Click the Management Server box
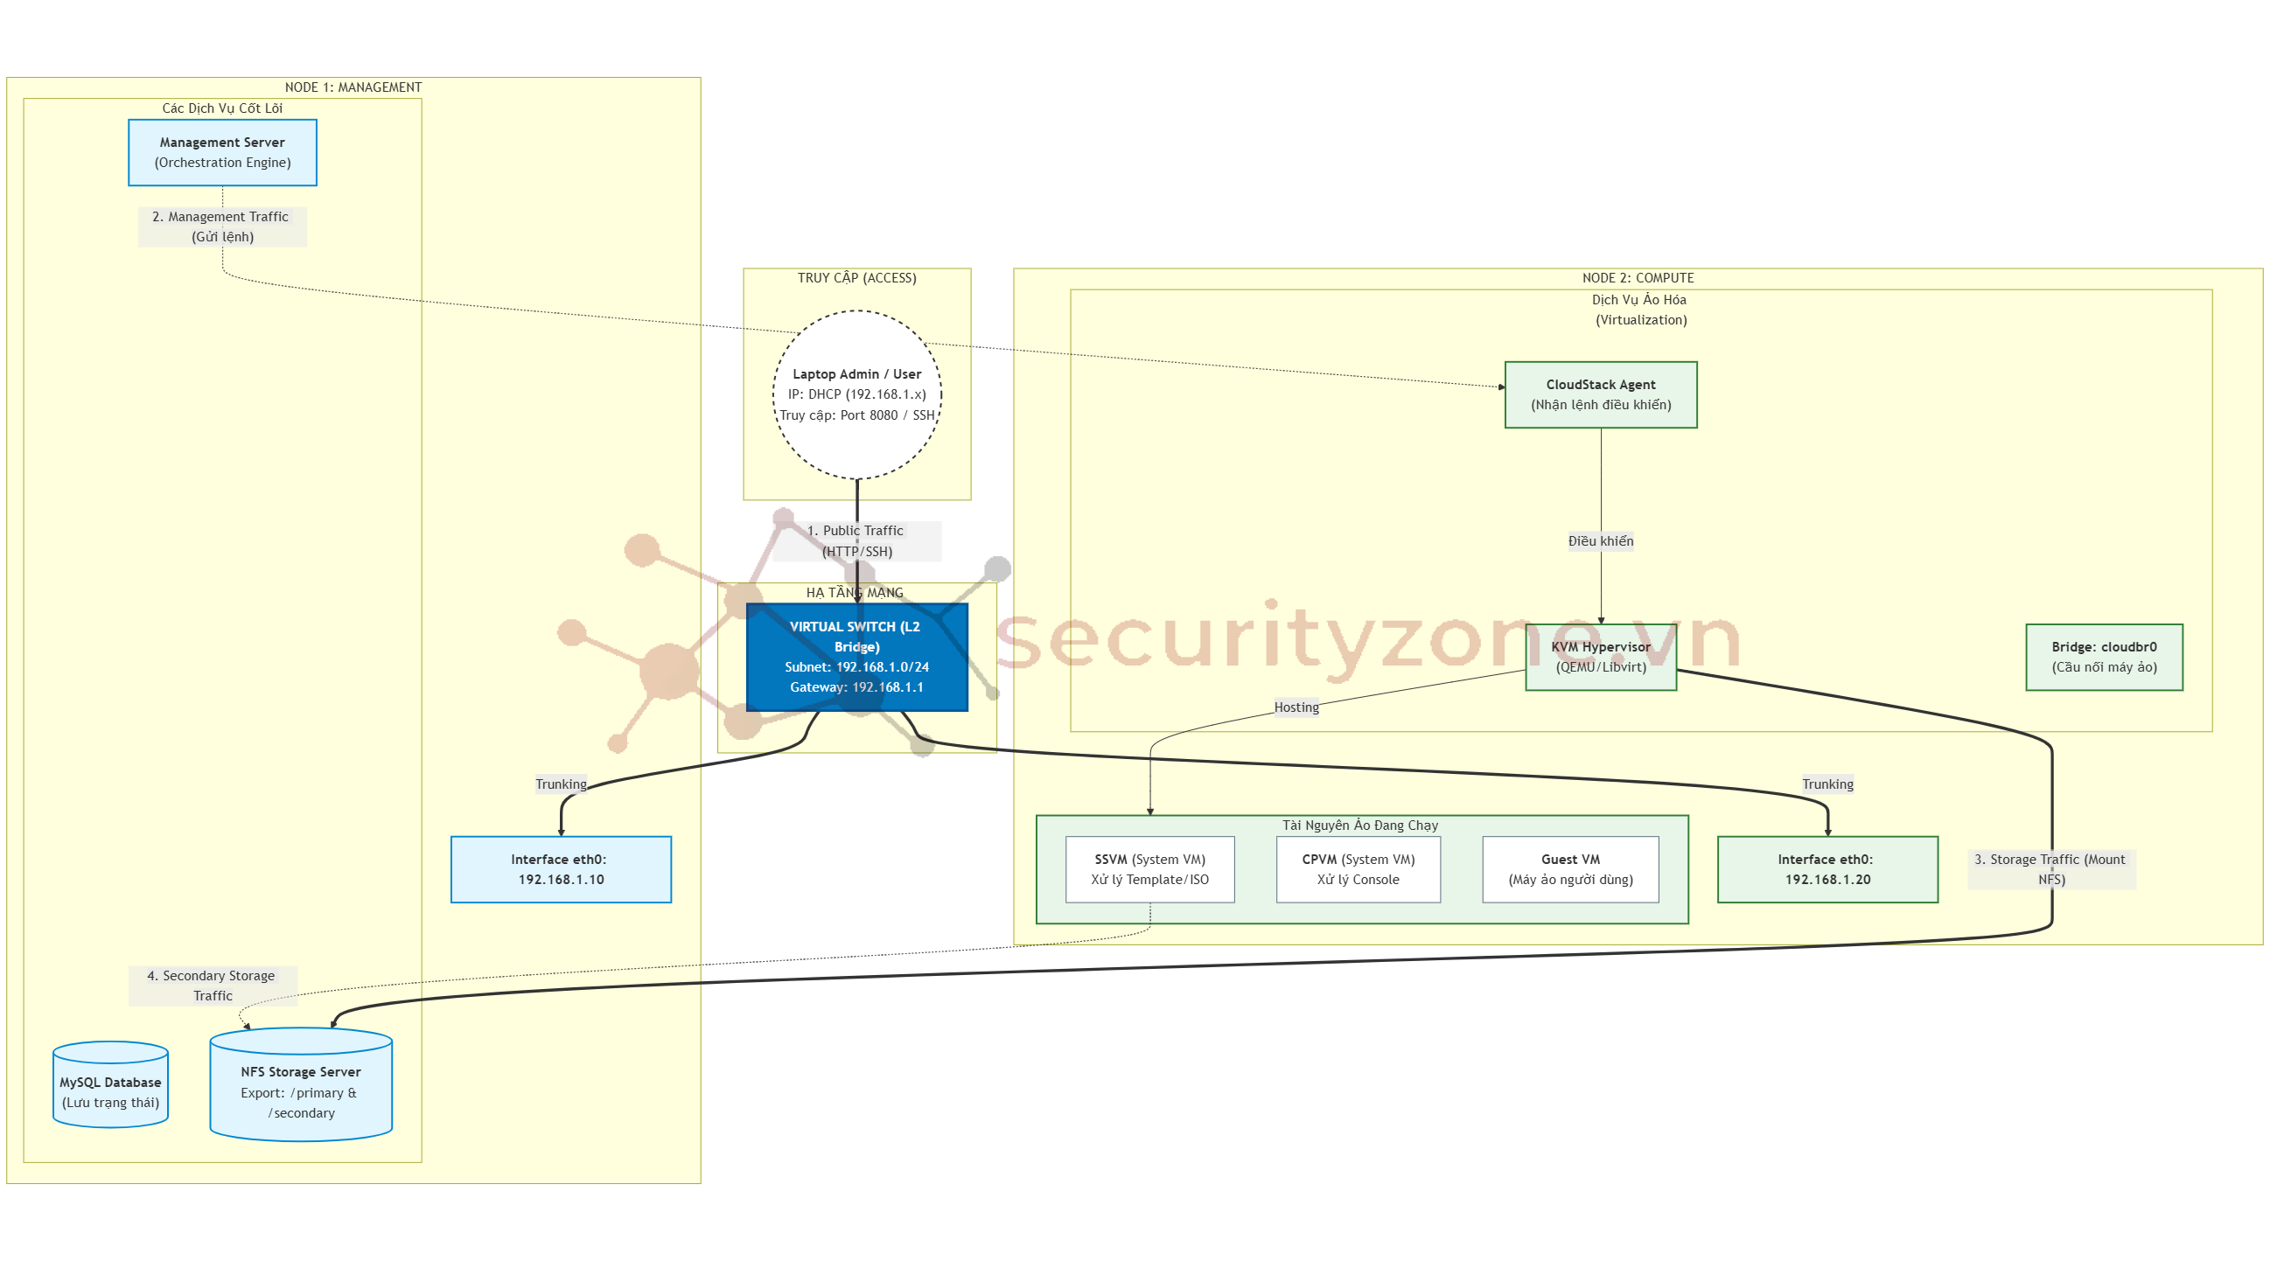point(222,152)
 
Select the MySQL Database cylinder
point(110,1091)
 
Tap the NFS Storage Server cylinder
point(301,1091)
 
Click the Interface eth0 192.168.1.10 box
point(561,869)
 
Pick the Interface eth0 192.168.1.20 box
point(1826,869)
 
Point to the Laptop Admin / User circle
point(856,394)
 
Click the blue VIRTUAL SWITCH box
point(856,657)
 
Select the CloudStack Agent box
point(1600,394)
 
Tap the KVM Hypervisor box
point(1600,657)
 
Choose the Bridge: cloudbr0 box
point(2104,657)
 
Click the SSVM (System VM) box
point(1149,869)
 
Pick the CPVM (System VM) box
point(1358,869)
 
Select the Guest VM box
point(1570,869)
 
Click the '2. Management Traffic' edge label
point(222,226)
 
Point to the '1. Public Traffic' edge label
point(856,540)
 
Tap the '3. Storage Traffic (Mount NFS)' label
point(2050,869)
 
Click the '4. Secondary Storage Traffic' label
point(213,986)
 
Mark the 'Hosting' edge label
point(1296,707)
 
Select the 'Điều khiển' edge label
point(1600,541)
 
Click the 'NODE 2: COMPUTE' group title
point(1638,277)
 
